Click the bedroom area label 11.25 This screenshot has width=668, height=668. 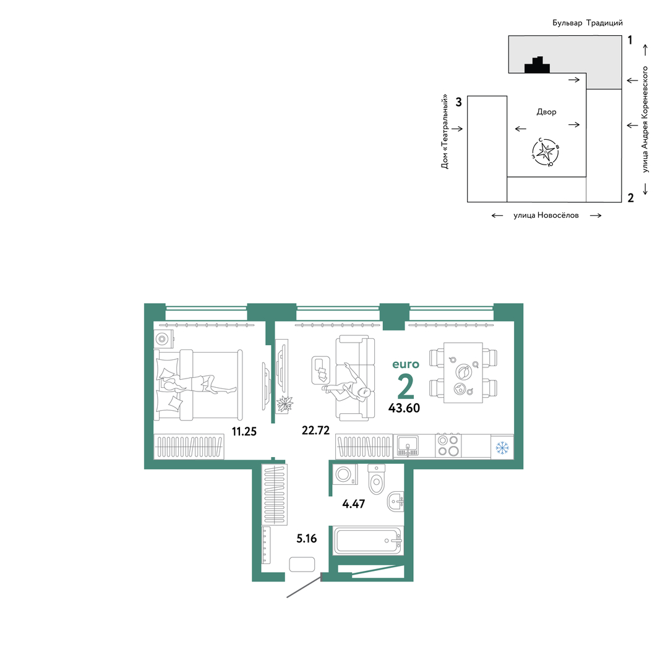(x=244, y=432)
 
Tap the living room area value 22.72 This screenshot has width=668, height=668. (x=315, y=430)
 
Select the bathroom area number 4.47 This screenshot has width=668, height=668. (x=354, y=503)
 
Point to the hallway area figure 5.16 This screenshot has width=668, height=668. (x=307, y=539)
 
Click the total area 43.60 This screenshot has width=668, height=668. (x=405, y=408)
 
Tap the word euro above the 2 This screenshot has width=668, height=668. (x=406, y=364)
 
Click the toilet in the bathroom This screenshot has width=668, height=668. (x=377, y=479)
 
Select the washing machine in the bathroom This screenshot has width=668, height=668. (x=345, y=474)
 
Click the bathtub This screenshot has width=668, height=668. (x=368, y=541)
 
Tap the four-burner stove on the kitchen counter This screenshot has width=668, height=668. (x=448, y=445)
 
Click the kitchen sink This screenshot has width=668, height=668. (x=408, y=446)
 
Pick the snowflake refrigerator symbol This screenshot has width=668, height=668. (x=502, y=448)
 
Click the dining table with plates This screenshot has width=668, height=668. (x=463, y=373)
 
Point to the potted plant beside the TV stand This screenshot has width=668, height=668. (x=284, y=403)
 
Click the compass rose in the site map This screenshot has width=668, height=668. (x=546, y=152)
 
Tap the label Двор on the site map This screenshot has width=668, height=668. (x=547, y=112)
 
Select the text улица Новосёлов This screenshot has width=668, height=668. (x=546, y=216)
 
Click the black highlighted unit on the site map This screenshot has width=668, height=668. (x=537, y=65)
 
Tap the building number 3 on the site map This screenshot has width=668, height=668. (x=458, y=102)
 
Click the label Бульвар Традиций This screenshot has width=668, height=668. (x=588, y=23)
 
